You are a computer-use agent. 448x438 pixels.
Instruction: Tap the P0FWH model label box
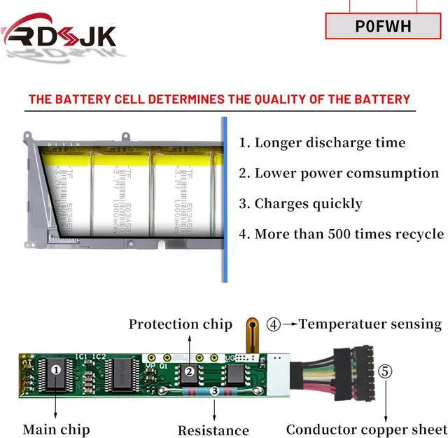383,27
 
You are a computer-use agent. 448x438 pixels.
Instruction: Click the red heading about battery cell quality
219,99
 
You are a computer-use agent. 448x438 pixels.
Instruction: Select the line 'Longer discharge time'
322,143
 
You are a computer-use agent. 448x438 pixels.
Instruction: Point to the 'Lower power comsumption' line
339,173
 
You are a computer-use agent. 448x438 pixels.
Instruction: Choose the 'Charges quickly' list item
300,204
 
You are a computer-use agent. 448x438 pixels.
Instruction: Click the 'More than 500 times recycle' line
341,234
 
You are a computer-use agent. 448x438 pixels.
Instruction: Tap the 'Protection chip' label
180,324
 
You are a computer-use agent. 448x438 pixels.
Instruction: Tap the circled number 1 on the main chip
57,367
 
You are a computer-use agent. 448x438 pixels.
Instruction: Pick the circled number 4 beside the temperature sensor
274,324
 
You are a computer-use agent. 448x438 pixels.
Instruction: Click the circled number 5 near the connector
385,371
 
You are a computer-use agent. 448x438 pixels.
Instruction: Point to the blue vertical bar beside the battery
224,200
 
